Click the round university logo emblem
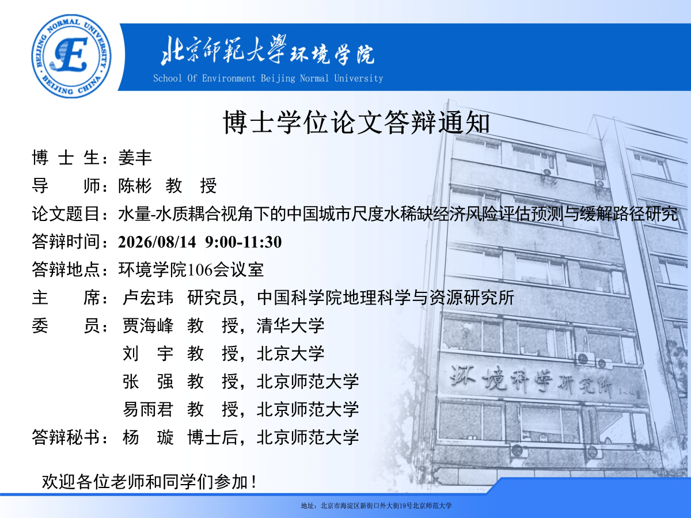71,56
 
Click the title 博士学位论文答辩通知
356,123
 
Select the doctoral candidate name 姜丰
135,158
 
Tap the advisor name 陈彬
135,185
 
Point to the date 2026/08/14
157,242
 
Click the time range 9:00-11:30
244,242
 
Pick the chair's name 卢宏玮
148,298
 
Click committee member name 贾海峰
148,326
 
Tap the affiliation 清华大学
291,326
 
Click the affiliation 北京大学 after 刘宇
291,353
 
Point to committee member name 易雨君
148,409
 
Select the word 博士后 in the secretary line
213,437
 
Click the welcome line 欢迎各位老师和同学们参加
145,482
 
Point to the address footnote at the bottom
376,506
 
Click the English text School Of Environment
204,78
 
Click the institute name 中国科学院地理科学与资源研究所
386,298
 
